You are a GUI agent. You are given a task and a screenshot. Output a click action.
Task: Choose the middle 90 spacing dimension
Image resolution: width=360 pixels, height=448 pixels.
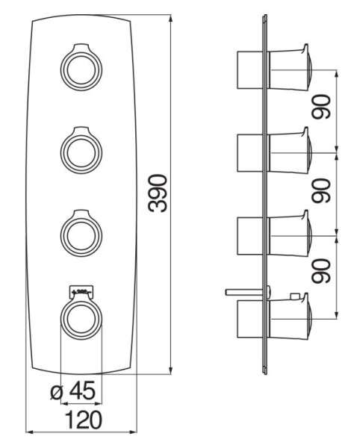click(x=322, y=193)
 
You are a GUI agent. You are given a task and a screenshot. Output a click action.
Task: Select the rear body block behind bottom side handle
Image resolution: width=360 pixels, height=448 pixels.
click(x=249, y=320)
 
